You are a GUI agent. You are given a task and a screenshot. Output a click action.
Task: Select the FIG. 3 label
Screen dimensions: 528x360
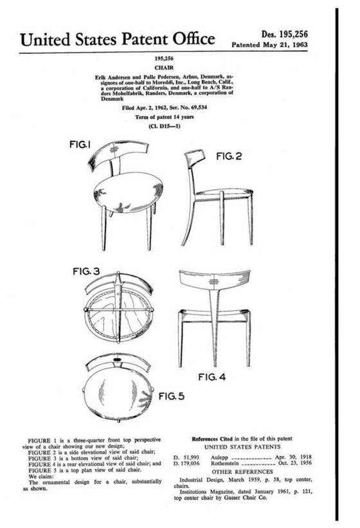pyautogui.click(x=84, y=271)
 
